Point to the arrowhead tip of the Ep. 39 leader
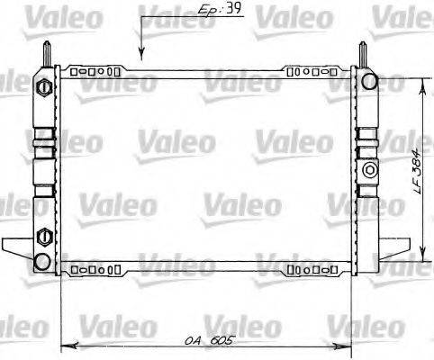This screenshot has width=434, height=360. pyautogui.click(x=140, y=58)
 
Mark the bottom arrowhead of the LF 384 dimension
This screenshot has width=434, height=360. pyautogui.click(x=423, y=254)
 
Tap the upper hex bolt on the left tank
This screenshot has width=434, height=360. pyautogui.click(x=41, y=88)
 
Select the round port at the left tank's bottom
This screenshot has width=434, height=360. pyautogui.click(x=41, y=261)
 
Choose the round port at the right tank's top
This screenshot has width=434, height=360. pyautogui.click(x=369, y=83)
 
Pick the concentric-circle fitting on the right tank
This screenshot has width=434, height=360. pyautogui.click(x=369, y=169)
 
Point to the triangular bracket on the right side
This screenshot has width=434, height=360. pyautogui.click(x=391, y=243)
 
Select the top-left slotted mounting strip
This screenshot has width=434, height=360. pyautogui.click(x=95, y=69)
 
